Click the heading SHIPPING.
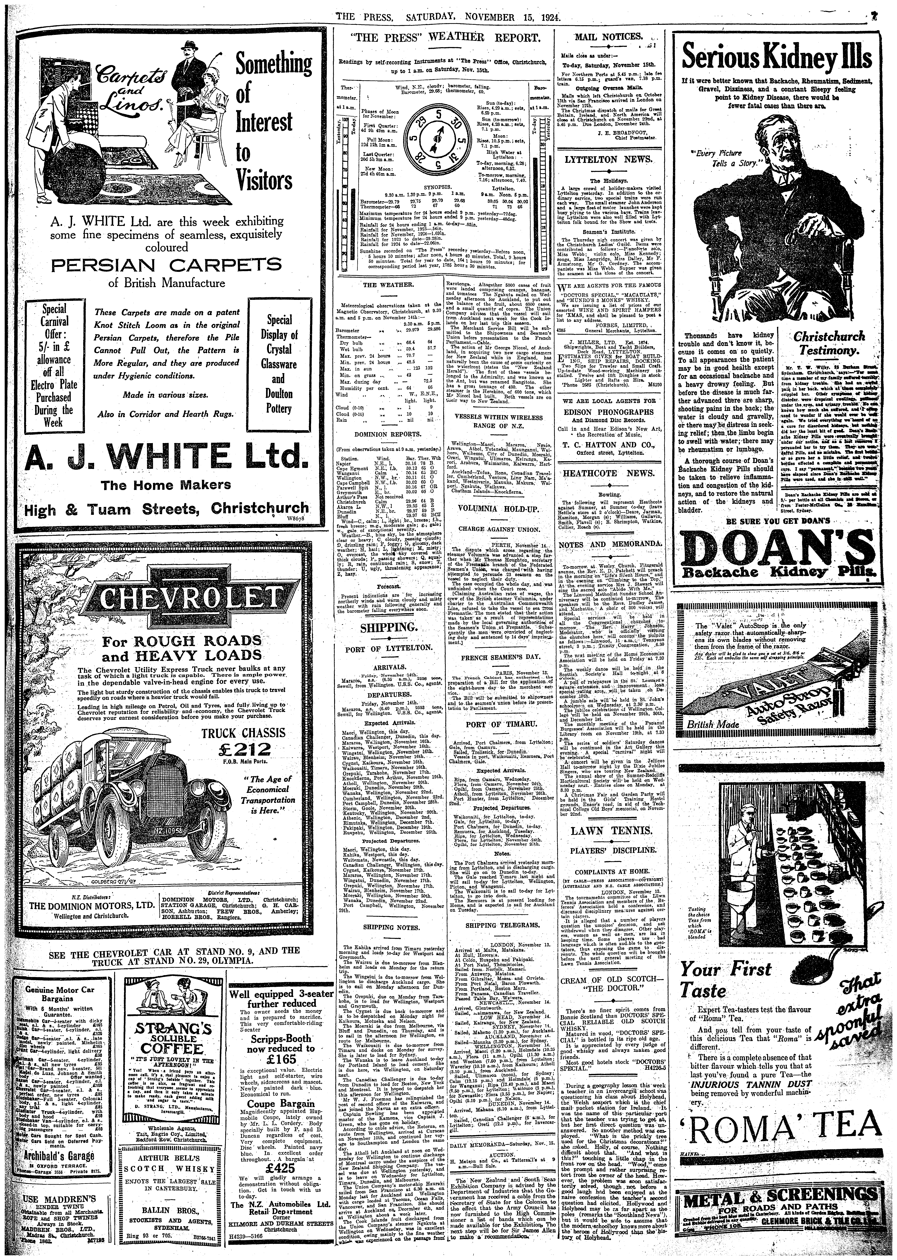pos(388,628)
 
